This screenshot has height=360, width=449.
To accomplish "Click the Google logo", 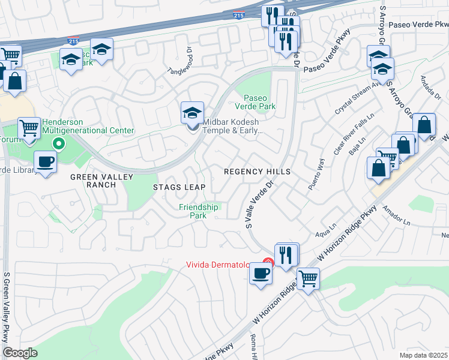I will [20, 353].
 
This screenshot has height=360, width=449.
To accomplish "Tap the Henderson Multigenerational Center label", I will [88, 125].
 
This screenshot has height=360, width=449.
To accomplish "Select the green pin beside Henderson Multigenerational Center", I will [58, 143].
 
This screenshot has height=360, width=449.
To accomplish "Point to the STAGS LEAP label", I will [179, 187].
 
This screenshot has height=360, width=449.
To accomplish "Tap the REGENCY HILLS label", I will [257, 172].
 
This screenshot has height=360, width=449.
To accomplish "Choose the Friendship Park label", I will [199, 211].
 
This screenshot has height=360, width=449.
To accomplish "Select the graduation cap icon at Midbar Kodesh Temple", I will [192, 113].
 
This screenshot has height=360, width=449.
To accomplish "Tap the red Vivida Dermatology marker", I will [268, 262].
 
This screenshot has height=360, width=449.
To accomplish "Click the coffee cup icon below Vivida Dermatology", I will [260, 274].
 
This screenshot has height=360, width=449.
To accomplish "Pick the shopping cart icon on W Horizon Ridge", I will [308, 278].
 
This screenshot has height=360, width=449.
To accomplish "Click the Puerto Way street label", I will [317, 175].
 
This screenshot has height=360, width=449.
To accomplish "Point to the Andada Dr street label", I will [431, 88].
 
